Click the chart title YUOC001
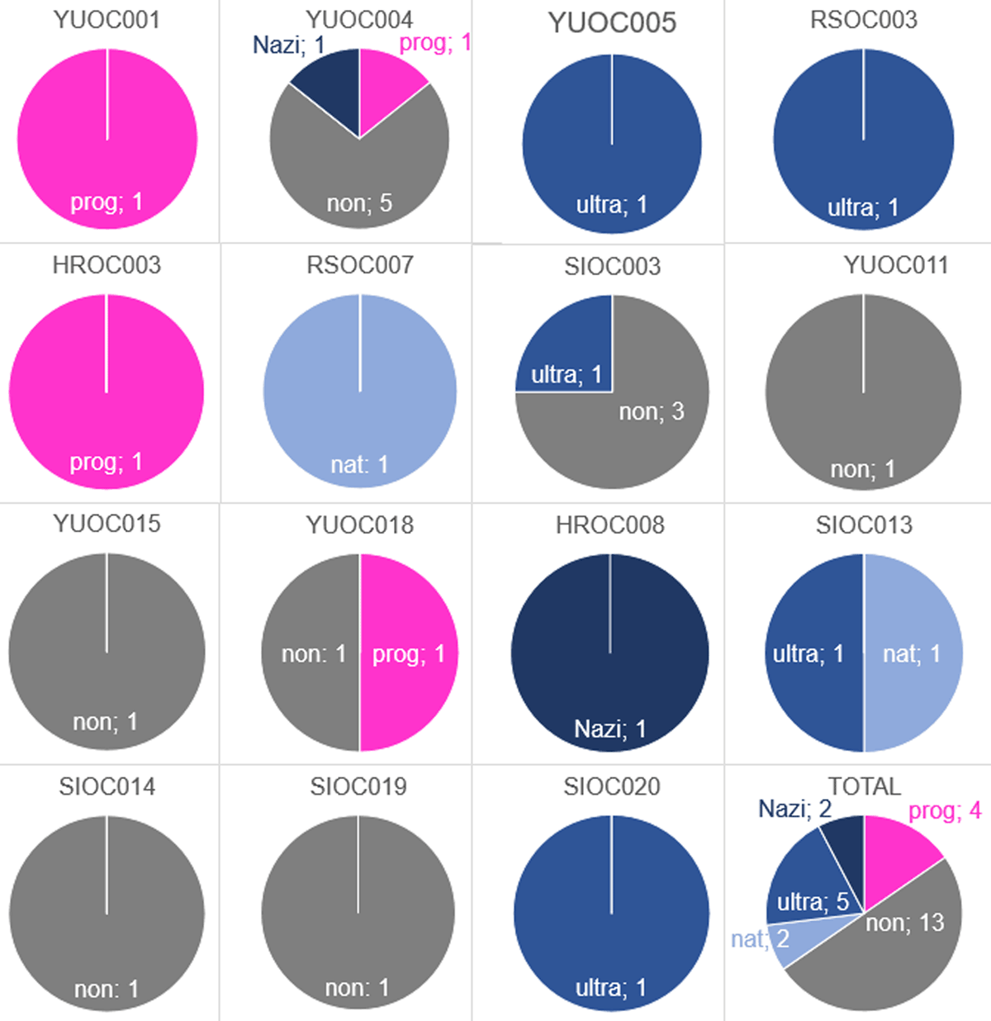[107, 19]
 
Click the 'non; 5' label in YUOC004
[359, 202]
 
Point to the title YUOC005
[612, 22]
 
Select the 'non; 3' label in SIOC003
[652, 411]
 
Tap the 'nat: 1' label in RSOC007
[359, 464]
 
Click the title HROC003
[107, 265]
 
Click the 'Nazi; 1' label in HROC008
[610, 729]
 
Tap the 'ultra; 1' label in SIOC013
[808, 653]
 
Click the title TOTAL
[864, 786]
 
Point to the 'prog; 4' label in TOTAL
[945, 810]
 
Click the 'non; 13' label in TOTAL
[904, 923]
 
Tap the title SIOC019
[358, 786]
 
